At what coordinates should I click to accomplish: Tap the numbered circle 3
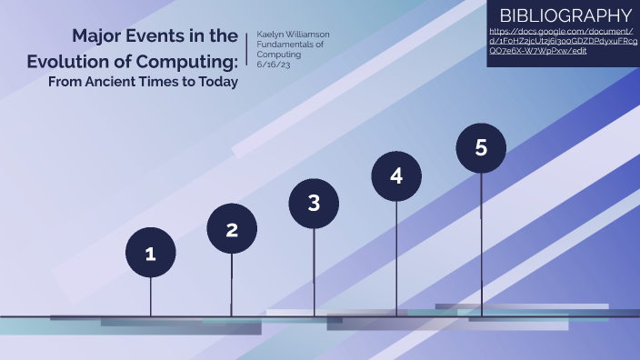[314, 202]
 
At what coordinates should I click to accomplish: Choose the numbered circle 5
[481, 147]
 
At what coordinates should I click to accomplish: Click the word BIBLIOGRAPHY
[565, 15]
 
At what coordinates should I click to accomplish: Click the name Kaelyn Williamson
[294, 34]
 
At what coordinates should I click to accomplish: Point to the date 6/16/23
[272, 65]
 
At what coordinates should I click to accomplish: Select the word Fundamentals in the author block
[287, 45]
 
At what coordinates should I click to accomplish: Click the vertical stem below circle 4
[396, 259]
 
